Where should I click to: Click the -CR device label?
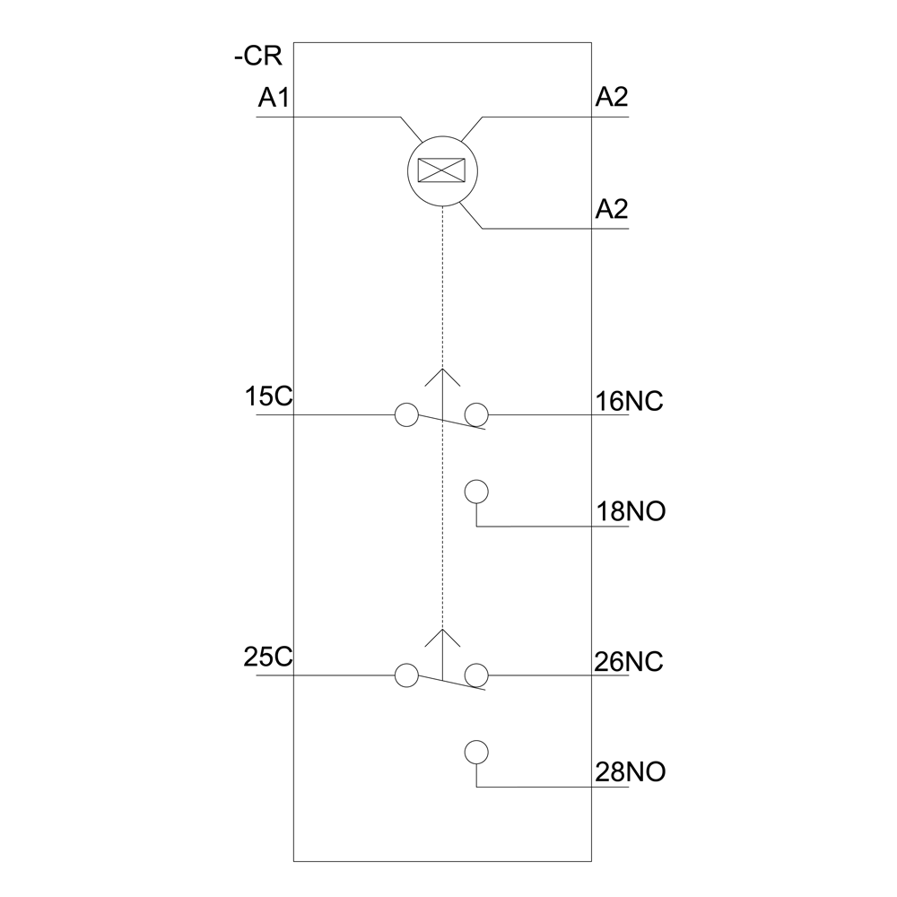pyautogui.click(x=258, y=57)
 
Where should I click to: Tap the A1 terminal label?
pyautogui.click(x=274, y=98)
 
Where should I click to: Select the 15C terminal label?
pyautogui.click(x=268, y=396)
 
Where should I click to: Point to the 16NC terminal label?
pyautogui.click(x=630, y=402)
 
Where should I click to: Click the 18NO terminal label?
pyautogui.click(x=631, y=511)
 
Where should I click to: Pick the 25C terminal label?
pyautogui.click(x=267, y=657)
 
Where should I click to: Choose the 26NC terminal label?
pyautogui.click(x=629, y=663)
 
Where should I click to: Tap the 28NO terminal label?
pyautogui.click(x=631, y=772)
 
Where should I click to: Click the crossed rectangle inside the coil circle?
pyautogui.click(x=441, y=170)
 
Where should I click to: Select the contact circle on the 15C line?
pyautogui.click(x=406, y=414)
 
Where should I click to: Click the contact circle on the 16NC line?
pyautogui.click(x=476, y=414)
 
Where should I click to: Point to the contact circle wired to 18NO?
pyautogui.click(x=476, y=492)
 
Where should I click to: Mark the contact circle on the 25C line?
pyautogui.click(x=406, y=675)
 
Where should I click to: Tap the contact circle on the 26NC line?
pyautogui.click(x=476, y=675)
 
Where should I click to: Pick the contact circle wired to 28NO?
pyautogui.click(x=476, y=753)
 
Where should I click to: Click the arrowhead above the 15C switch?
pyautogui.click(x=442, y=377)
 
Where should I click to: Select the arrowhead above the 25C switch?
pyautogui.click(x=442, y=638)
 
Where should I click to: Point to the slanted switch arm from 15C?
pyautogui.click(x=452, y=422)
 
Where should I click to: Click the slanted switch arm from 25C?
pyautogui.click(x=452, y=683)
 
